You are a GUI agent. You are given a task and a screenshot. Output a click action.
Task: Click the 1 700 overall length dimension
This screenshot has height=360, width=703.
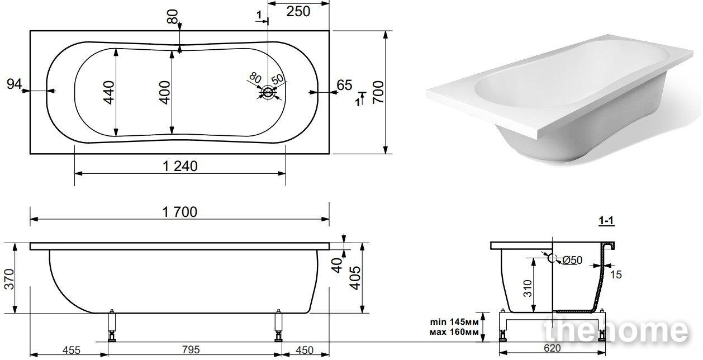click(180, 212)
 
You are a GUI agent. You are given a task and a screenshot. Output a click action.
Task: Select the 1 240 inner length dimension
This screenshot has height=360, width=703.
click(180, 167)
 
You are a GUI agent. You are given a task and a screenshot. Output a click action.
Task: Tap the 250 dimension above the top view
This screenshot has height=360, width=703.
click(298, 12)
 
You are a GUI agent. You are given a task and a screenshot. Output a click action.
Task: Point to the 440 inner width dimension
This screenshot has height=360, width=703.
click(109, 92)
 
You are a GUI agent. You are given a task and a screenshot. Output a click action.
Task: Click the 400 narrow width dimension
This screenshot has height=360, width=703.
click(164, 92)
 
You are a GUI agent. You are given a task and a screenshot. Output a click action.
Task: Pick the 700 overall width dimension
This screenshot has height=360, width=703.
click(378, 92)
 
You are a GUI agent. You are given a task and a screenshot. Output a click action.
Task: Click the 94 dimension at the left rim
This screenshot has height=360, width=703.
click(15, 84)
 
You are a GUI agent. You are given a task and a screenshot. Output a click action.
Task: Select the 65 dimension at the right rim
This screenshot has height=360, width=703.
click(344, 85)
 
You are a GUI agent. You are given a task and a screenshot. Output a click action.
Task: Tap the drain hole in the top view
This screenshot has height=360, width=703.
click(268, 92)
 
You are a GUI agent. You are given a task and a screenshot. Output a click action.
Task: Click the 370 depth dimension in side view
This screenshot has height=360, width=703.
click(9, 279)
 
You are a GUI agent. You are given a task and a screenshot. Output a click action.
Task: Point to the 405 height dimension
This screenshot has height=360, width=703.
click(355, 278)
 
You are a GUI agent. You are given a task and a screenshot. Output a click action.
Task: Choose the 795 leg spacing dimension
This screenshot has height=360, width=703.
click(191, 349)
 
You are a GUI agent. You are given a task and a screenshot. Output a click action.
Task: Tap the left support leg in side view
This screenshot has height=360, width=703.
click(112, 325)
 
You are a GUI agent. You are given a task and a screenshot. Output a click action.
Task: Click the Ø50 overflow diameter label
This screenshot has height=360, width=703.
click(572, 260)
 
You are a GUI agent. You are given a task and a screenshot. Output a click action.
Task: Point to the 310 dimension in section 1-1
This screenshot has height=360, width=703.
click(528, 288)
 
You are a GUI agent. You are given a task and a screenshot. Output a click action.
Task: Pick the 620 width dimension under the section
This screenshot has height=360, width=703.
click(552, 348)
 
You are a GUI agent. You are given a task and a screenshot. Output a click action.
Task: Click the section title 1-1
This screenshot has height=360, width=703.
click(606, 221)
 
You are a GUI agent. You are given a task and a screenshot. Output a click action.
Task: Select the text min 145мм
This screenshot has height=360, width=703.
click(454, 322)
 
